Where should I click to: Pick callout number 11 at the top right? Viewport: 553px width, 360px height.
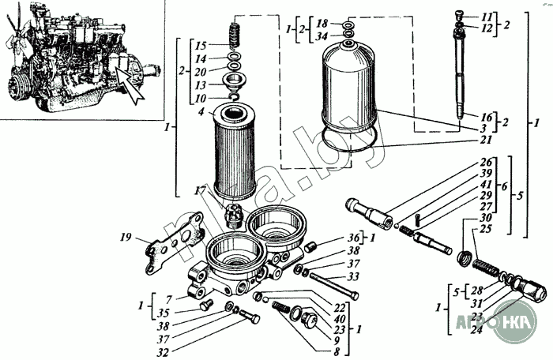pyautogui.click(x=487, y=16)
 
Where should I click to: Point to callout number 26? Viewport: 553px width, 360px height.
pyautogui.click(x=486, y=163)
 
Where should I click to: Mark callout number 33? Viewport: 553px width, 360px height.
pyautogui.click(x=353, y=276)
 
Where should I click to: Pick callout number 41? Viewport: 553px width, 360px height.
pyautogui.click(x=486, y=184)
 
